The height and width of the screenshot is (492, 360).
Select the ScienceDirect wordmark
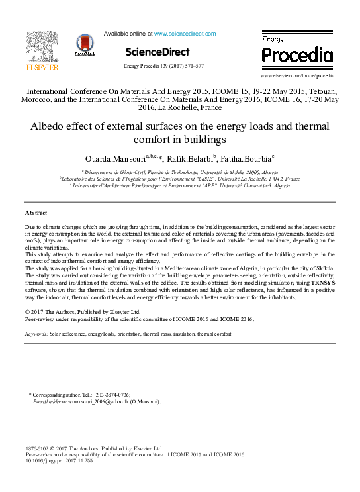[157, 52]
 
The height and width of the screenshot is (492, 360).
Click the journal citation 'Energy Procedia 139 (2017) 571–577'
[163, 66]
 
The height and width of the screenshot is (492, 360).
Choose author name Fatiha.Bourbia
[247, 160]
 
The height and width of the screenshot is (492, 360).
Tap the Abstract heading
[36, 213]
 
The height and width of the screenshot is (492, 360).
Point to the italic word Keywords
[36, 334]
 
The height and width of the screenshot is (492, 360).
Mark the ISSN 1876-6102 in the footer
[38, 448]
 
